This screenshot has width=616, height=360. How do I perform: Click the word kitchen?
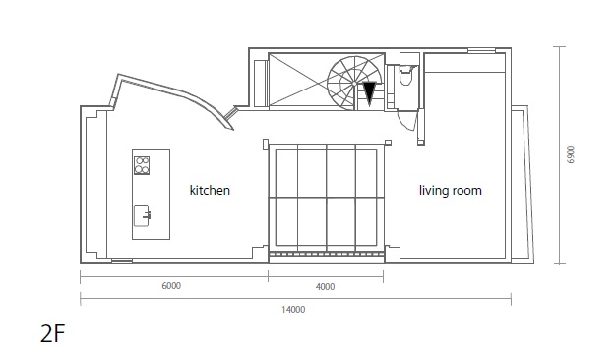point(210,191)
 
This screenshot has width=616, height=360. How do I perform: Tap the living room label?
point(451,191)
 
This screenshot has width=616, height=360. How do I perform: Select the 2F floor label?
point(52,334)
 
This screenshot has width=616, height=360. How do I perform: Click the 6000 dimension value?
point(171,286)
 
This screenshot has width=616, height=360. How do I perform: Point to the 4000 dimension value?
point(326,287)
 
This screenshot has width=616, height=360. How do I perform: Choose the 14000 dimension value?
point(293,310)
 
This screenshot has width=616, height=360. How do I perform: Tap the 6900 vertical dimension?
point(571,154)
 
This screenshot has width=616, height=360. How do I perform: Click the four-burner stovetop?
point(142,165)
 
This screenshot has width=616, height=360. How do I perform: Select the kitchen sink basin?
point(141,215)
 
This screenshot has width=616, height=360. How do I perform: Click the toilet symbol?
point(406,75)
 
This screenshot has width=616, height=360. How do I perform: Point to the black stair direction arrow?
point(369,93)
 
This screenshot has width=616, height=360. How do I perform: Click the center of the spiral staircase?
point(354,84)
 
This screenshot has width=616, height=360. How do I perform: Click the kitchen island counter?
point(151,194)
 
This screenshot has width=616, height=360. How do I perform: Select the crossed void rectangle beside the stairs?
point(298,80)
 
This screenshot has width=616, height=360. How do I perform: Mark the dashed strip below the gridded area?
point(327,255)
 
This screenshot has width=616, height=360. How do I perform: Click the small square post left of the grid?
point(266,144)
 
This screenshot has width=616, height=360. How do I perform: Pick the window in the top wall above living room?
point(481,50)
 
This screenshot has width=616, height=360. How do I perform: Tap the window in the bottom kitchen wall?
point(122,261)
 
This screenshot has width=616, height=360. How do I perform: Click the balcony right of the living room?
point(523,184)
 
